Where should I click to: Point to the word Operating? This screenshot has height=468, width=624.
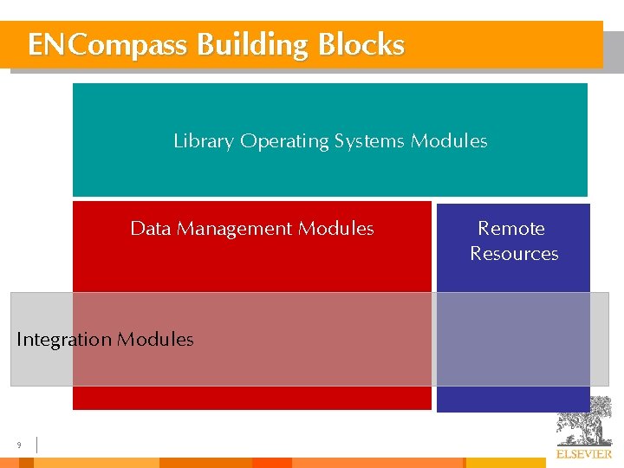click(284, 141)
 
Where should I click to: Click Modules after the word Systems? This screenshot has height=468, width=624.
click(449, 141)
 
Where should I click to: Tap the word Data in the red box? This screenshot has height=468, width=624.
click(148, 229)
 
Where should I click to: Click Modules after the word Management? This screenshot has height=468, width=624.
click(335, 229)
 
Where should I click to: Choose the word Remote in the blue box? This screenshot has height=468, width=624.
click(511, 229)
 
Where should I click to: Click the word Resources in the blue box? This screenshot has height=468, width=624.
click(514, 254)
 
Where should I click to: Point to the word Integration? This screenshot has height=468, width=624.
click(64, 340)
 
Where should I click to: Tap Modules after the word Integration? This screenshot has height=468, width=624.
click(155, 340)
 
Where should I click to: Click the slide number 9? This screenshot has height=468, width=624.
click(18, 445)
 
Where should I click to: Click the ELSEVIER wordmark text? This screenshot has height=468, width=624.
click(583, 454)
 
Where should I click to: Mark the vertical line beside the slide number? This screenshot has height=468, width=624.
click(37, 445)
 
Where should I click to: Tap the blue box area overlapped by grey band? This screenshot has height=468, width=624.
click(513, 339)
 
